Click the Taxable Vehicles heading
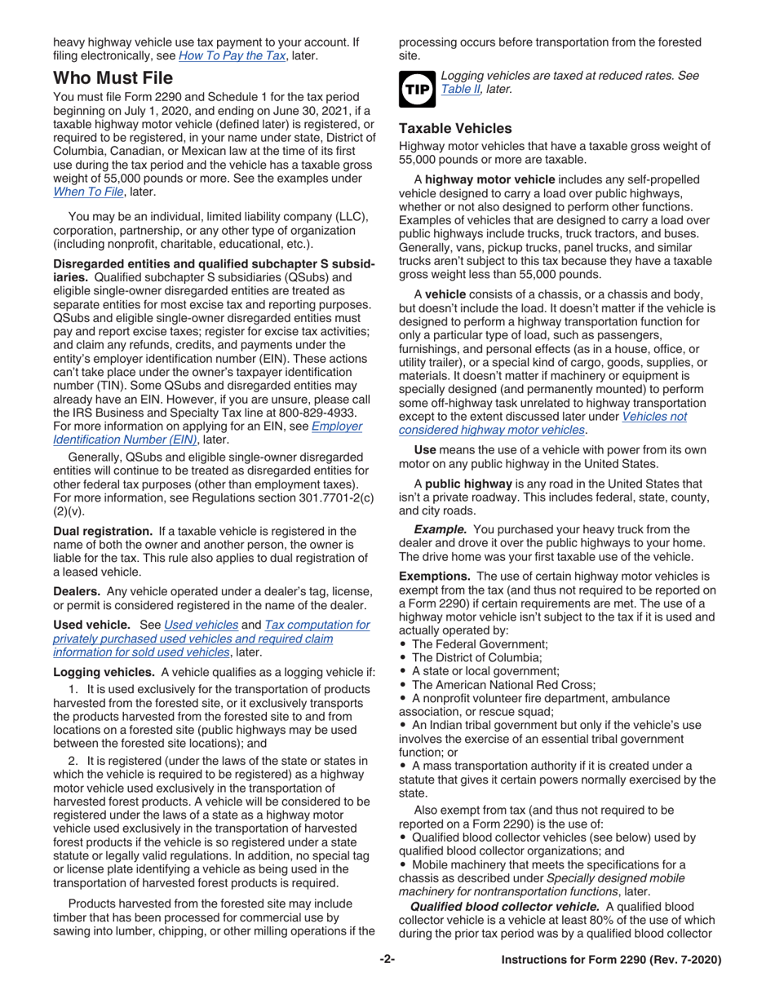(x=454, y=128)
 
